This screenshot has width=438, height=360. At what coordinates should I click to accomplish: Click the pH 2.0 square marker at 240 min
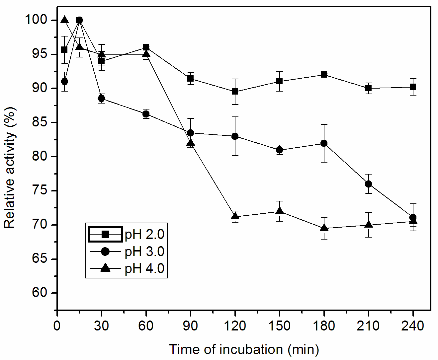413,87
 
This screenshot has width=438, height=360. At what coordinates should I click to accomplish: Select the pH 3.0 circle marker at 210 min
368,184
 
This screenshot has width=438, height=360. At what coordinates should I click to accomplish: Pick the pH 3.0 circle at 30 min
102,99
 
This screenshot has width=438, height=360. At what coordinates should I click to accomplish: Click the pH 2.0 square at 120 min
235,92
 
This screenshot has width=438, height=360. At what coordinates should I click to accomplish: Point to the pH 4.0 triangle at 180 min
324,228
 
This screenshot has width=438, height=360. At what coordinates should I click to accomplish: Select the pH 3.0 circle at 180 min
324,143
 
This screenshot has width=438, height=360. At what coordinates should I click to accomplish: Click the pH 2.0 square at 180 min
324,75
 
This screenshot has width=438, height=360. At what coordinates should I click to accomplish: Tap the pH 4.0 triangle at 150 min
280,211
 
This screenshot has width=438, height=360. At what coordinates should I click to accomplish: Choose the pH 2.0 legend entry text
144,235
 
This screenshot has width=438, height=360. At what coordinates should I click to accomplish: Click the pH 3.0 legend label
144,252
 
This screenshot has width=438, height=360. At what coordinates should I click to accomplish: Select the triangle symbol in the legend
106,268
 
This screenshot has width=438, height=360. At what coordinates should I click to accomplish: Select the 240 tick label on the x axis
413,326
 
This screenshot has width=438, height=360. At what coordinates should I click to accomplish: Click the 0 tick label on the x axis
57,326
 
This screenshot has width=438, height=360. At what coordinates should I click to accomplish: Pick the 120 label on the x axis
235,326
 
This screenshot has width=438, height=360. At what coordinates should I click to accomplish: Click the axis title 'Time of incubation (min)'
244,350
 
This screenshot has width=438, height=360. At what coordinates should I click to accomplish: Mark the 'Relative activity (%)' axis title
10,168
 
